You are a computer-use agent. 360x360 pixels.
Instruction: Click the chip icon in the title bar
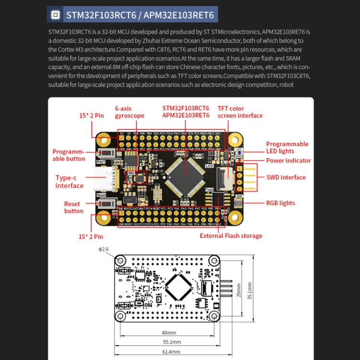point(55,15)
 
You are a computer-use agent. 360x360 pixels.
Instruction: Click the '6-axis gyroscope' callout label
point(129,112)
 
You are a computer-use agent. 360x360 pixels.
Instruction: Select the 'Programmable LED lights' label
point(287,147)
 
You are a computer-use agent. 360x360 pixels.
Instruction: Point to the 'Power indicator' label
point(288,161)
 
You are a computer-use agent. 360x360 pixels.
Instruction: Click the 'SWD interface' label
point(286,177)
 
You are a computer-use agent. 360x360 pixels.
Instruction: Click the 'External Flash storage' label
point(231,236)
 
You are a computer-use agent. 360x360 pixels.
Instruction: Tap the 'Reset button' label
point(73,207)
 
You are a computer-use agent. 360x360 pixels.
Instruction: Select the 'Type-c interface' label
point(69,181)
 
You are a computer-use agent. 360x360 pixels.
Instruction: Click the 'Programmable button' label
point(69,155)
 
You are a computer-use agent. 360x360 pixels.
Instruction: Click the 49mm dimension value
point(168,332)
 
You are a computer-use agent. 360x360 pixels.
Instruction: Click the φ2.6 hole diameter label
point(104,249)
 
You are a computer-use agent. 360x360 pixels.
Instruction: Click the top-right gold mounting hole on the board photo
point(234,140)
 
